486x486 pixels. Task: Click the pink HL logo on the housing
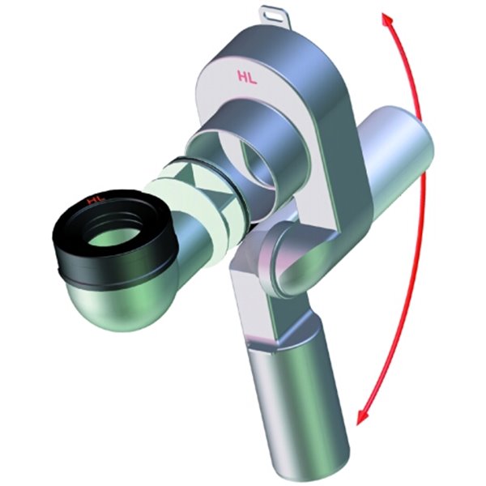(x=247, y=78)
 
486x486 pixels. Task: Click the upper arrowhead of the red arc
(x=386, y=20)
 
